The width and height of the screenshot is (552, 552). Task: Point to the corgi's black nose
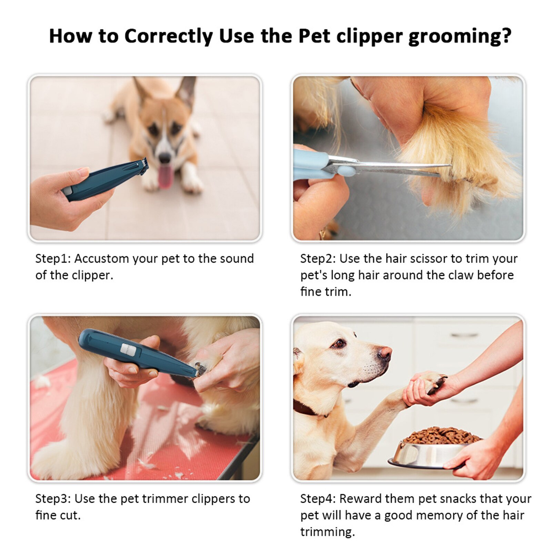[x=164, y=158]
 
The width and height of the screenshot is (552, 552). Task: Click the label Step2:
[x=318, y=259]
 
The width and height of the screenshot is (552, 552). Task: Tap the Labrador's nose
[x=384, y=353]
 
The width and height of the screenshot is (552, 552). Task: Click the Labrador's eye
[x=339, y=343]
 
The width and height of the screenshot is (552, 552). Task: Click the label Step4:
[x=318, y=499]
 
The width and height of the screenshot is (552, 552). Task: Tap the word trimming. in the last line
[x=327, y=532]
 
